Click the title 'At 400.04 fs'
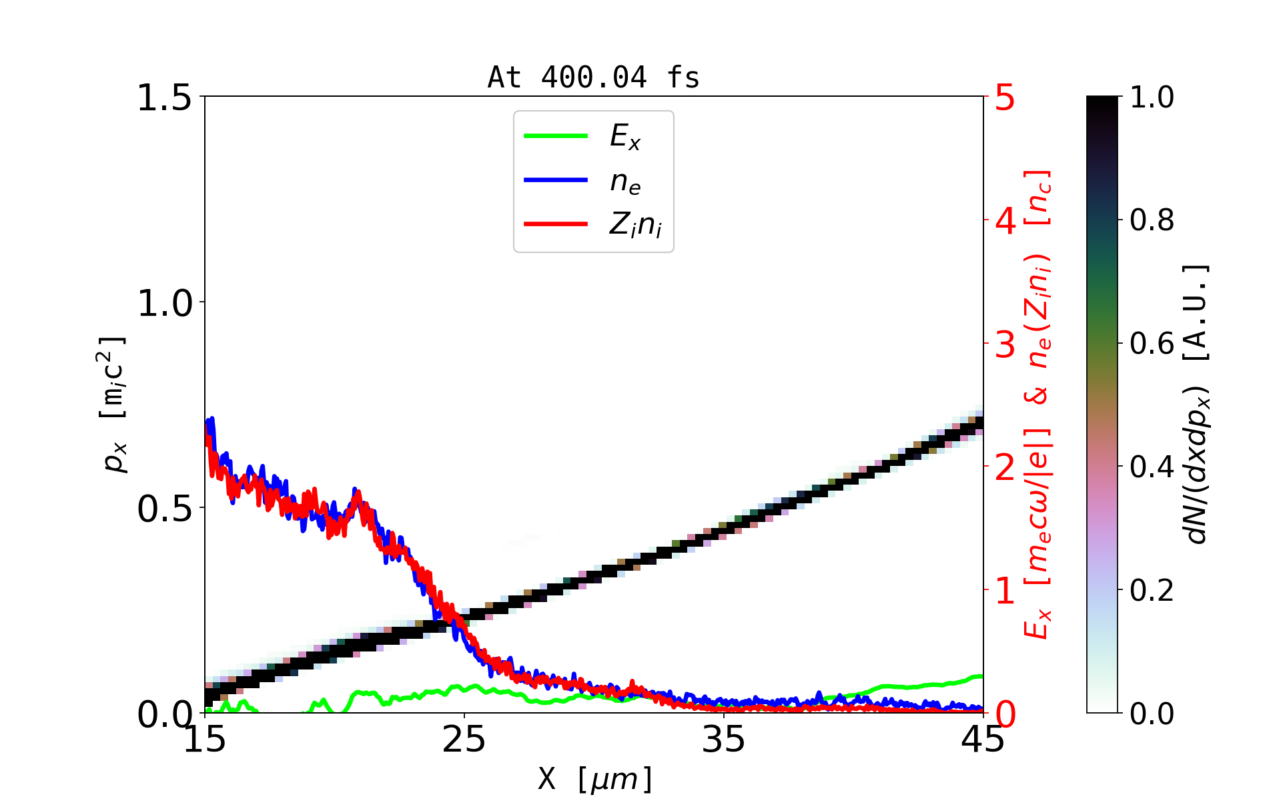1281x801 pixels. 593,77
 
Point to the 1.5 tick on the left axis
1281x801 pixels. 163,98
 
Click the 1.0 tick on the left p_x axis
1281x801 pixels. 163,304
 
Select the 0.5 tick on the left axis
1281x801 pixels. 163,509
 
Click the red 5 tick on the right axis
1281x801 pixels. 1005,98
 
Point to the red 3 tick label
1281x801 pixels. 1005,344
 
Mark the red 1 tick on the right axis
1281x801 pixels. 1005,591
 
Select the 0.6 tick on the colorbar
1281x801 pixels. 1152,344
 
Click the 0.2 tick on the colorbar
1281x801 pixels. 1152,590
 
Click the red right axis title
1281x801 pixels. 1038,405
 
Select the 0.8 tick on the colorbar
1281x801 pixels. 1152,220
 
